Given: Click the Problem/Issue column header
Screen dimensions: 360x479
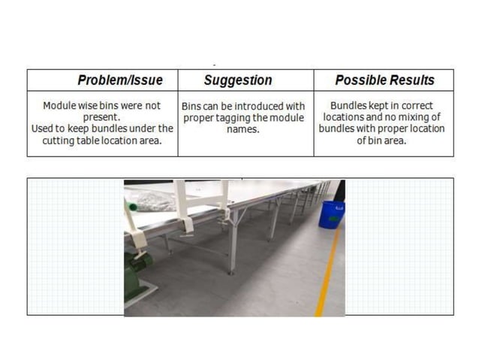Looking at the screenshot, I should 120,80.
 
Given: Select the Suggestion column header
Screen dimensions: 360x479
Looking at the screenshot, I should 238,80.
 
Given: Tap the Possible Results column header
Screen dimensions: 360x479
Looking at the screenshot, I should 384,80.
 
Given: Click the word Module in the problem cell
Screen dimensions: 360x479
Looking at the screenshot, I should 60,106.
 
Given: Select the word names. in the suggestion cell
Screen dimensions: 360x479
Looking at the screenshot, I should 243,129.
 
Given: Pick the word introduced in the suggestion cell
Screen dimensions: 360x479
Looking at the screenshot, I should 258,107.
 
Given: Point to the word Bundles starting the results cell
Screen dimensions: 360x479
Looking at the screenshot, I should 349,106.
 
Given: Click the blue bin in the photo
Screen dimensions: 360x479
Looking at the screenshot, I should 331,213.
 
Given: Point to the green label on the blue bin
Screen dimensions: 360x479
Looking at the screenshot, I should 339,207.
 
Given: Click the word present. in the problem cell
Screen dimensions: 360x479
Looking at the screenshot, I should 103,117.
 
